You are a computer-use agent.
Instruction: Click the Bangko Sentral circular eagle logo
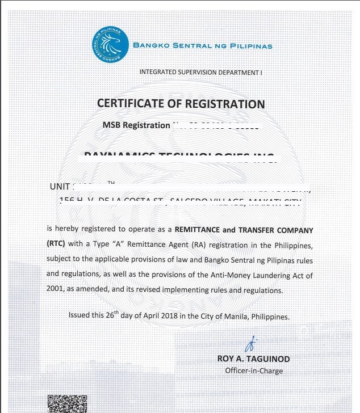point(110,44)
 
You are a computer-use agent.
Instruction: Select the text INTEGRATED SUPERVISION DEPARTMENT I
point(200,72)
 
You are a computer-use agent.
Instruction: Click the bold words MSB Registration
point(136,125)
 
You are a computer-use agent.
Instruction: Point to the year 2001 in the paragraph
point(56,289)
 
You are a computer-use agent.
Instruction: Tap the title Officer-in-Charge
point(254,371)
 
